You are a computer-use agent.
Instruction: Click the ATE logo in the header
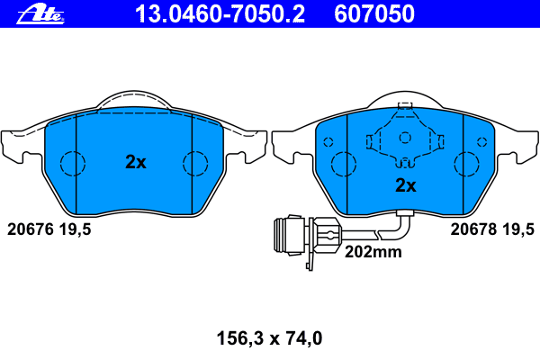40,14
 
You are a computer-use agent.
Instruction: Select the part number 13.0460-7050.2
220,14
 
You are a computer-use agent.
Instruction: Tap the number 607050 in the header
374,14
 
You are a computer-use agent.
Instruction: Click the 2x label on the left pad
136,162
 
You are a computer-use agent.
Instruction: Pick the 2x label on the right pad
406,185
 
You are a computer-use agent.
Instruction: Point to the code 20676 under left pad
31,229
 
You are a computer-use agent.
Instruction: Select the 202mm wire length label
373,252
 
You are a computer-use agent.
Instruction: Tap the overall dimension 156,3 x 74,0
269,338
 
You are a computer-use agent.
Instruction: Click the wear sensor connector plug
307,238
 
